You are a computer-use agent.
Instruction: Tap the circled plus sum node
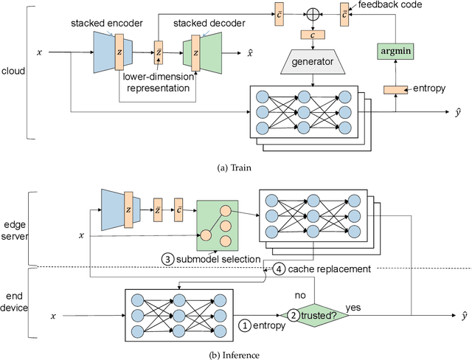pyautogui.click(x=315, y=13)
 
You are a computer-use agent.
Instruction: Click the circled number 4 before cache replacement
pyautogui.click(x=279, y=268)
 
